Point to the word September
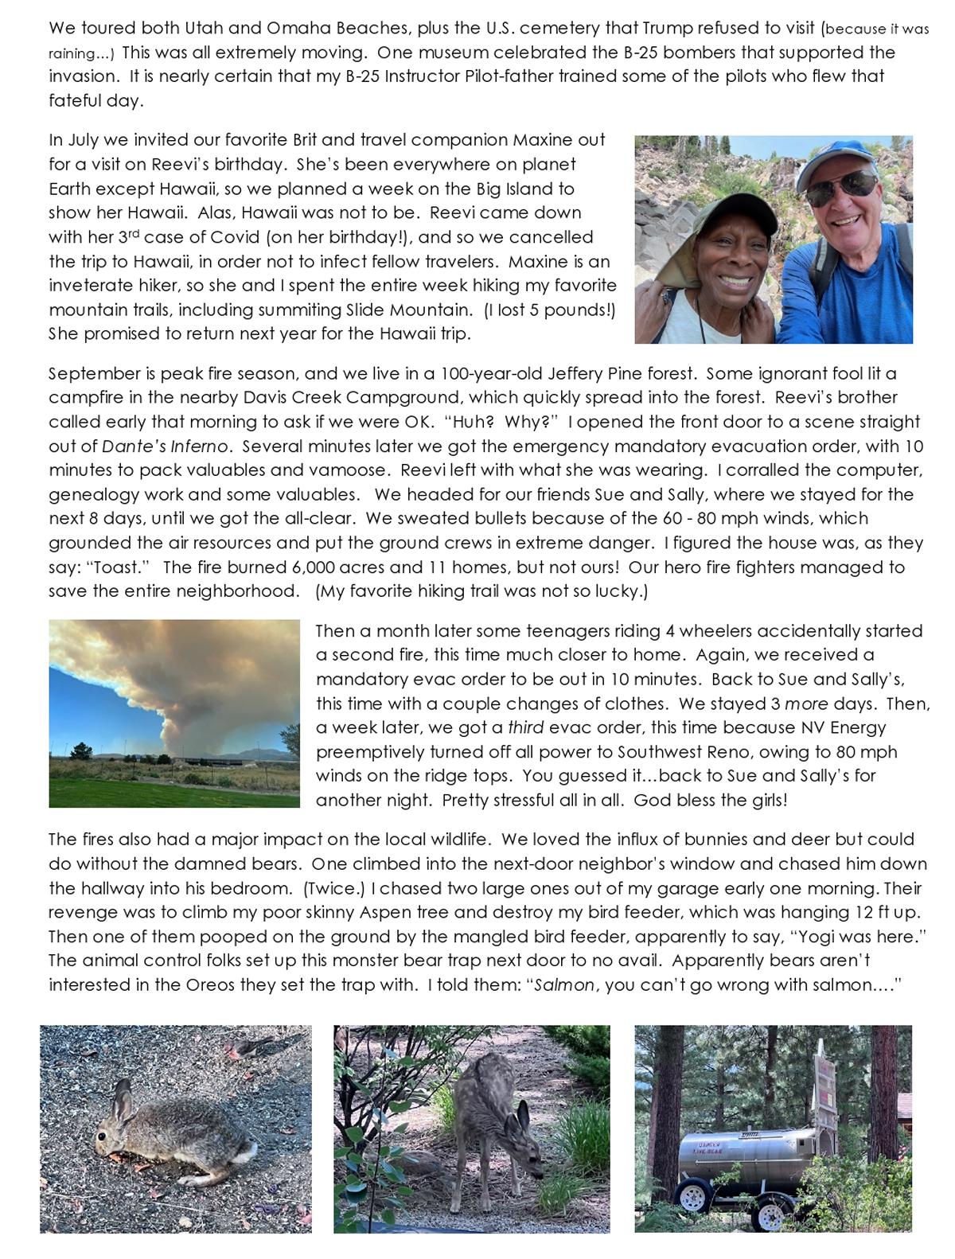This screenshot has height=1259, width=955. [x=89, y=373]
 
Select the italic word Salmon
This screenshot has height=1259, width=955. [x=564, y=984]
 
